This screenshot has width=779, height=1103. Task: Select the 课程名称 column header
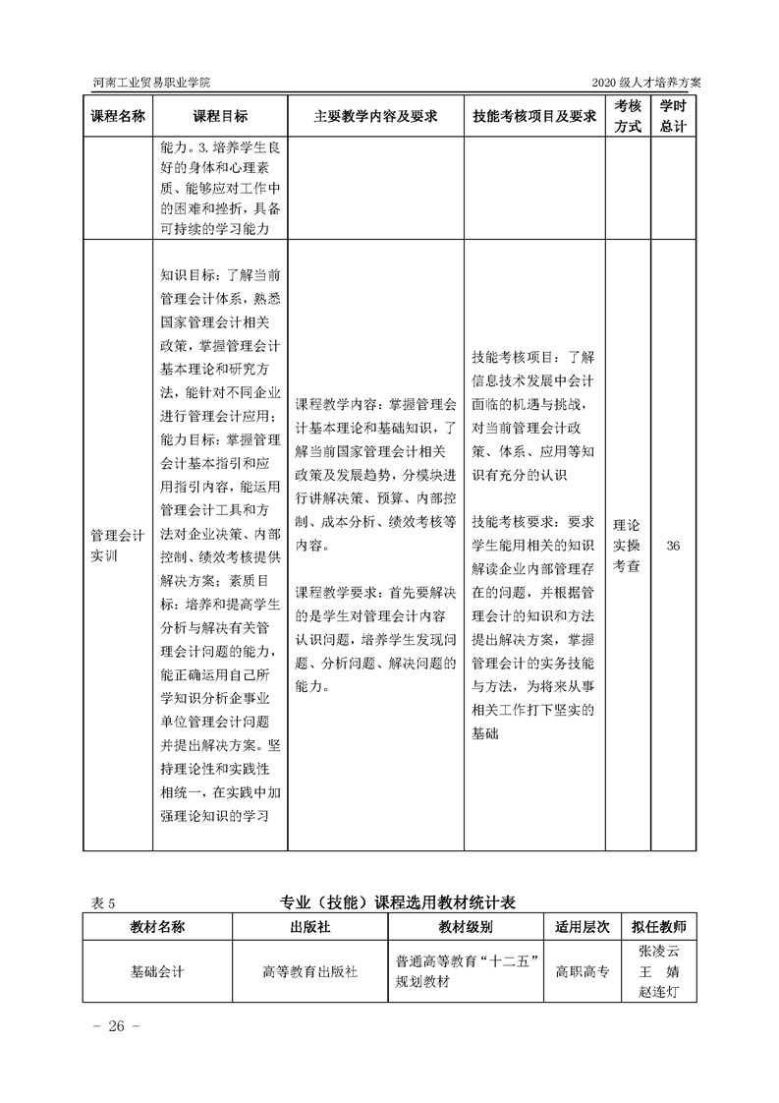[x=118, y=116]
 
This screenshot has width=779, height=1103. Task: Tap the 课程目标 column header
[x=220, y=116]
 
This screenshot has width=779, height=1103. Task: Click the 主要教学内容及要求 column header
[x=375, y=116]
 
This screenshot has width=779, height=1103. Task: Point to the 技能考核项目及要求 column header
[x=534, y=116]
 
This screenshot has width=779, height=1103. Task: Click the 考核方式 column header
[x=629, y=116]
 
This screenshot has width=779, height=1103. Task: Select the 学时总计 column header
[x=673, y=116]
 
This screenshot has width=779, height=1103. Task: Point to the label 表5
[x=103, y=902]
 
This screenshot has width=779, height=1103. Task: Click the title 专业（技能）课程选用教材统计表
[x=405, y=901]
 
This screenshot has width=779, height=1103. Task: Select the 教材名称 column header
[x=157, y=927]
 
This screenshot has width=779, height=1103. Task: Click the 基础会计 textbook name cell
[x=157, y=971]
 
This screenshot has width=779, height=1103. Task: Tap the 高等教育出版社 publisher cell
[x=309, y=971]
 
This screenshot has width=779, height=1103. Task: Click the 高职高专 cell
[x=583, y=971]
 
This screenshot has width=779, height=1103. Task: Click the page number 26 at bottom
[x=116, y=1026]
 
